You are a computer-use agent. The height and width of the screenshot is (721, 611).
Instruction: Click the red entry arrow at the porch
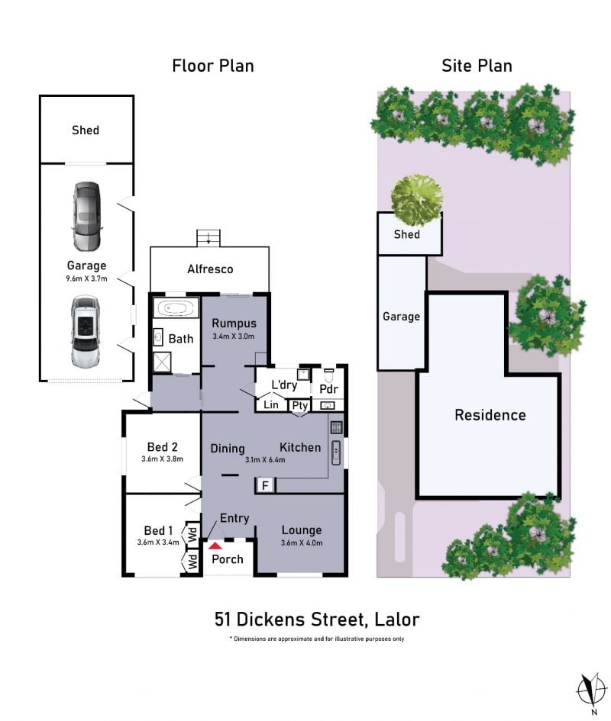(215, 546)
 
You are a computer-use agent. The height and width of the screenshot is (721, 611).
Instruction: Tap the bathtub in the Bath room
(176, 307)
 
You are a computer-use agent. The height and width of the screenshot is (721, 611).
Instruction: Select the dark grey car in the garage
(87, 216)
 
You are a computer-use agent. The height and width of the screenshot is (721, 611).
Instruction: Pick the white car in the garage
(86, 331)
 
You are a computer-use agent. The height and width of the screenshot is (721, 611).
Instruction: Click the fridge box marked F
(265, 485)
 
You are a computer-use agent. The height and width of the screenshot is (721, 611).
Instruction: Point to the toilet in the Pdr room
(328, 375)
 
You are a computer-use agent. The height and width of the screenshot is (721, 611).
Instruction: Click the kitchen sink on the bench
(336, 452)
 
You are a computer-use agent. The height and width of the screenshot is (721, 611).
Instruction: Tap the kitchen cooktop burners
(336, 427)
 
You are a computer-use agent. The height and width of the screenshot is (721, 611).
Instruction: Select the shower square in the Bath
(162, 362)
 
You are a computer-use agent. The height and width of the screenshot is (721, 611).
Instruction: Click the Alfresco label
(210, 269)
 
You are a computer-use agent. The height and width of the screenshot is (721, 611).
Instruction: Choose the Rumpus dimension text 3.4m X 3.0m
(234, 336)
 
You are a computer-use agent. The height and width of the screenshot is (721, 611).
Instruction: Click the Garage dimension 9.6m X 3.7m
(86, 278)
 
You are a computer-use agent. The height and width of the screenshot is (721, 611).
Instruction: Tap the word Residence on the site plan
(490, 415)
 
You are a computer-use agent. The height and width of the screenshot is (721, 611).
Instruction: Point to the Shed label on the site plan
(406, 234)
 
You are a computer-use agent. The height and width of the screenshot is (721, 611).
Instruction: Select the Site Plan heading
(477, 66)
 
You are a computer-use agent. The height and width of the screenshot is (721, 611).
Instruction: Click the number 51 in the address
(222, 620)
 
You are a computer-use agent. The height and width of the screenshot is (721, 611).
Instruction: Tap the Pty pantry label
(299, 406)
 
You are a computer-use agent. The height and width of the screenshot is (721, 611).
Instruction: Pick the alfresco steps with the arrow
(209, 238)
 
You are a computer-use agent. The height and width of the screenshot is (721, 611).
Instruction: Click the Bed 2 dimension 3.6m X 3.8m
(162, 459)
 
